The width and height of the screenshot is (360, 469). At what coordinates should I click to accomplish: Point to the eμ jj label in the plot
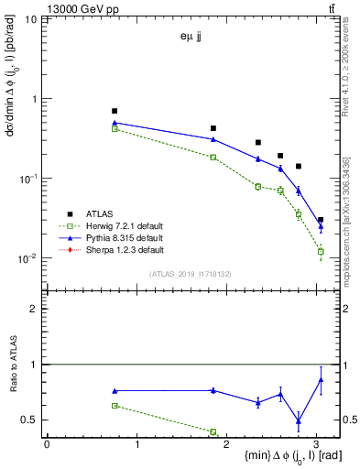coord(192,38)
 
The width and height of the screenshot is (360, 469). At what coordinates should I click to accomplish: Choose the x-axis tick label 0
coord(47,443)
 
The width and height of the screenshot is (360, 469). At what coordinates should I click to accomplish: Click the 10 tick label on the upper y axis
coord(31,19)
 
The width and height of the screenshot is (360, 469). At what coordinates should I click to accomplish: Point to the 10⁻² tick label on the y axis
coord(27,258)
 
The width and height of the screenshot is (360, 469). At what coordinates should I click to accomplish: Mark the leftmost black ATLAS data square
coord(115,111)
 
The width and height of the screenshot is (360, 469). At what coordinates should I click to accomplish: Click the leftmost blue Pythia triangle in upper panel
coord(115,122)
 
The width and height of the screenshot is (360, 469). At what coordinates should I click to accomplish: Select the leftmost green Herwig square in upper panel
coord(115,129)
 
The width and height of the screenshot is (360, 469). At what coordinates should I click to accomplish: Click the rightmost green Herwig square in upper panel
coord(321,251)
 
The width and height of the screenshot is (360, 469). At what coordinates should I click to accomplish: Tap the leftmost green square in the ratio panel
coord(115,405)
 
